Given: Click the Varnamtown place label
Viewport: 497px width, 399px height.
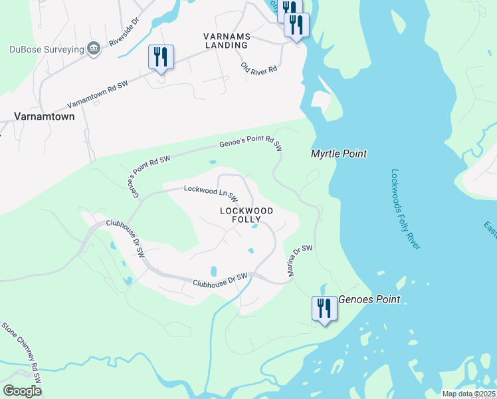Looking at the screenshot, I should [x=45, y=116].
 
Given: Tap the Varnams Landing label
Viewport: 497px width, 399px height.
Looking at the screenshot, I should [x=225, y=40].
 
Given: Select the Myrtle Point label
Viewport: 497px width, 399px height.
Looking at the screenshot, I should [x=339, y=154].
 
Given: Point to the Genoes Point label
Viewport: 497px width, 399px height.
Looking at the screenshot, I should [x=369, y=300].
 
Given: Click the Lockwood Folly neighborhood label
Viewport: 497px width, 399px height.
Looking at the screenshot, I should [x=246, y=214].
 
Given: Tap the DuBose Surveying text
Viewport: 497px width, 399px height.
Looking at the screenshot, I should [x=47, y=49].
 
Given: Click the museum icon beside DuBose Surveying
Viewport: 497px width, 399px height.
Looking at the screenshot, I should [x=94, y=48].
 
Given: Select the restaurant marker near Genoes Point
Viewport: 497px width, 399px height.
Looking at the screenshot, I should [x=323, y=309].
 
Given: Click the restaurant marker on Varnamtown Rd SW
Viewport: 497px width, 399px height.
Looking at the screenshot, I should [x=160, y=57].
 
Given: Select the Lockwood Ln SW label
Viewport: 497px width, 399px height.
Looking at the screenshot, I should [x=211, y=193].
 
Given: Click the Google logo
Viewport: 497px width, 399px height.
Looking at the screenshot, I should [x=23, y=390].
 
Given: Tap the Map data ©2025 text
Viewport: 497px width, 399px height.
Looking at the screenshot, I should [x=468, y=394].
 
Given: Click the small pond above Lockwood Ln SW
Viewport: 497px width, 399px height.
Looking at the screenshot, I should [x=212, y=162].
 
